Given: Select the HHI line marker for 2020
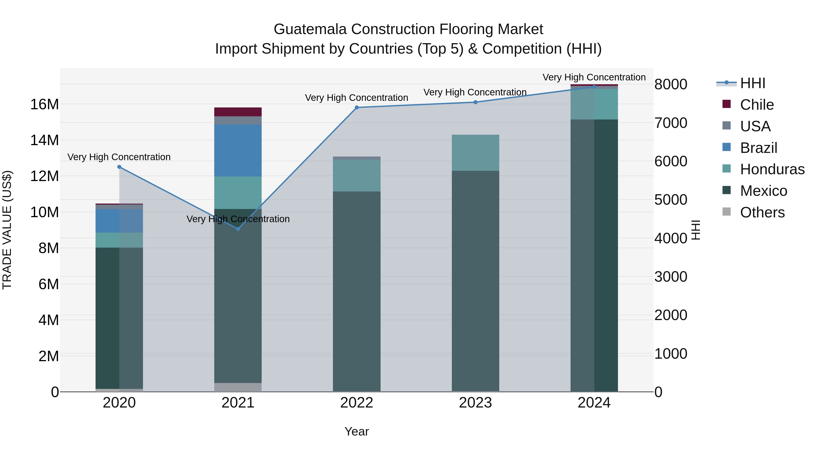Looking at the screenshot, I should click(x=119, y=167).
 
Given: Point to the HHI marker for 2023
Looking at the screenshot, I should click(x=475, y=102).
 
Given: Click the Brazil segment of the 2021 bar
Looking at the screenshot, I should click(x=238, y=150).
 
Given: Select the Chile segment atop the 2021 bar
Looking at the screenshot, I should click(x=238, y=112).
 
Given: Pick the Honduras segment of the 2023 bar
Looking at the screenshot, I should click(x=475, y=153).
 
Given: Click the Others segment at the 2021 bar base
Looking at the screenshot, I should click(x=238, y=387).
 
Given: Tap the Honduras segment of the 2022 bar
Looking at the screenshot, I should click(x=357, y=176).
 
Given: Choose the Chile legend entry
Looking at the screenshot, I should click(x=757, y=105).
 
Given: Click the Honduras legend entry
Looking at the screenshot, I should click(x=772, y=169).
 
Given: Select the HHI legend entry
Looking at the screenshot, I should click(x=752, y=83).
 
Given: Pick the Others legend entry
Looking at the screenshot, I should click(x=762, y=212).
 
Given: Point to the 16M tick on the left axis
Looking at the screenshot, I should click(x=44, y=104).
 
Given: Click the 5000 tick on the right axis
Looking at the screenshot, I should click(x=670, y=200).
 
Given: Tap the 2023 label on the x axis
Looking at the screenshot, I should click(x=475, y=403).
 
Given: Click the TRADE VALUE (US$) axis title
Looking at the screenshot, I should click(x=7, y=230).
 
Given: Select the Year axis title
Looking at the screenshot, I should click(x=357, y=431).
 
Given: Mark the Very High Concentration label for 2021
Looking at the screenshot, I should click(x=238, y=219).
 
